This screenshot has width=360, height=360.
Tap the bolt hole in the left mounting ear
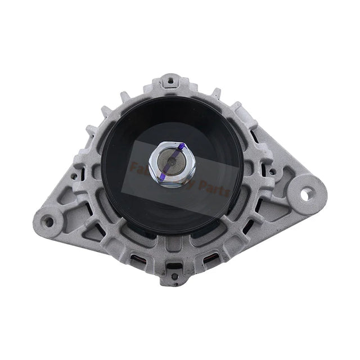49,222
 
